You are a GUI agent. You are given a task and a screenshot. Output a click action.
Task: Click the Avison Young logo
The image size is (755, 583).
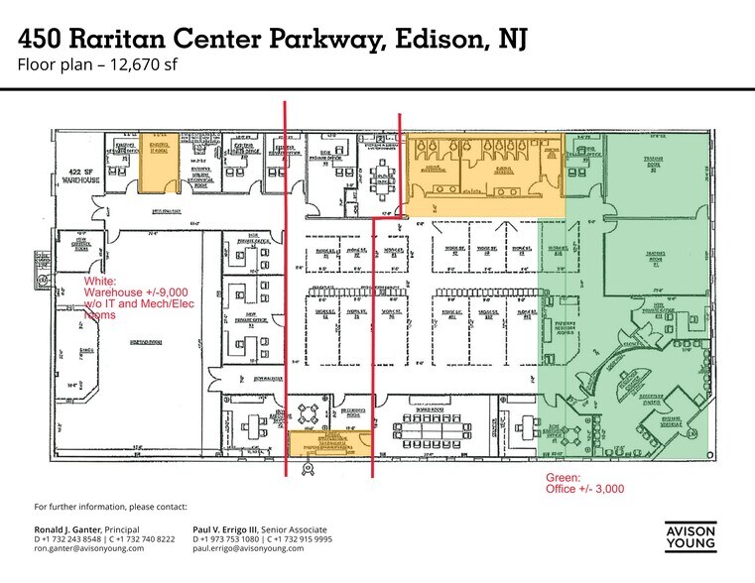click(691, 534)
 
